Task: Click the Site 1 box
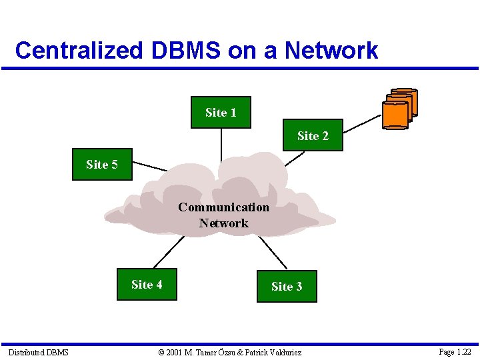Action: [x=221, y=112]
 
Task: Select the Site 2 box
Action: [x=313, y=135]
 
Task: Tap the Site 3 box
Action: [x=286, y=286]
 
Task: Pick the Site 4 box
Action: [x=147, y=285]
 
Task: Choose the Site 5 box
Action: [x=102, y=164]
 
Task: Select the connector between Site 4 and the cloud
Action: [x=169, y=252]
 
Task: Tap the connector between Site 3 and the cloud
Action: [x=272, y=253]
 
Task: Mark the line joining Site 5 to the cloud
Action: [x=150, y=167]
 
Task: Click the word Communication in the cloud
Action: [x=223, y=207]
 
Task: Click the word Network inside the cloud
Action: [x=223, y=223]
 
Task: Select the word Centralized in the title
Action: [x=79, y=50]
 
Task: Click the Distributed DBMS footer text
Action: [x=38, y=352]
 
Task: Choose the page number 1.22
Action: [x=462, y=351]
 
